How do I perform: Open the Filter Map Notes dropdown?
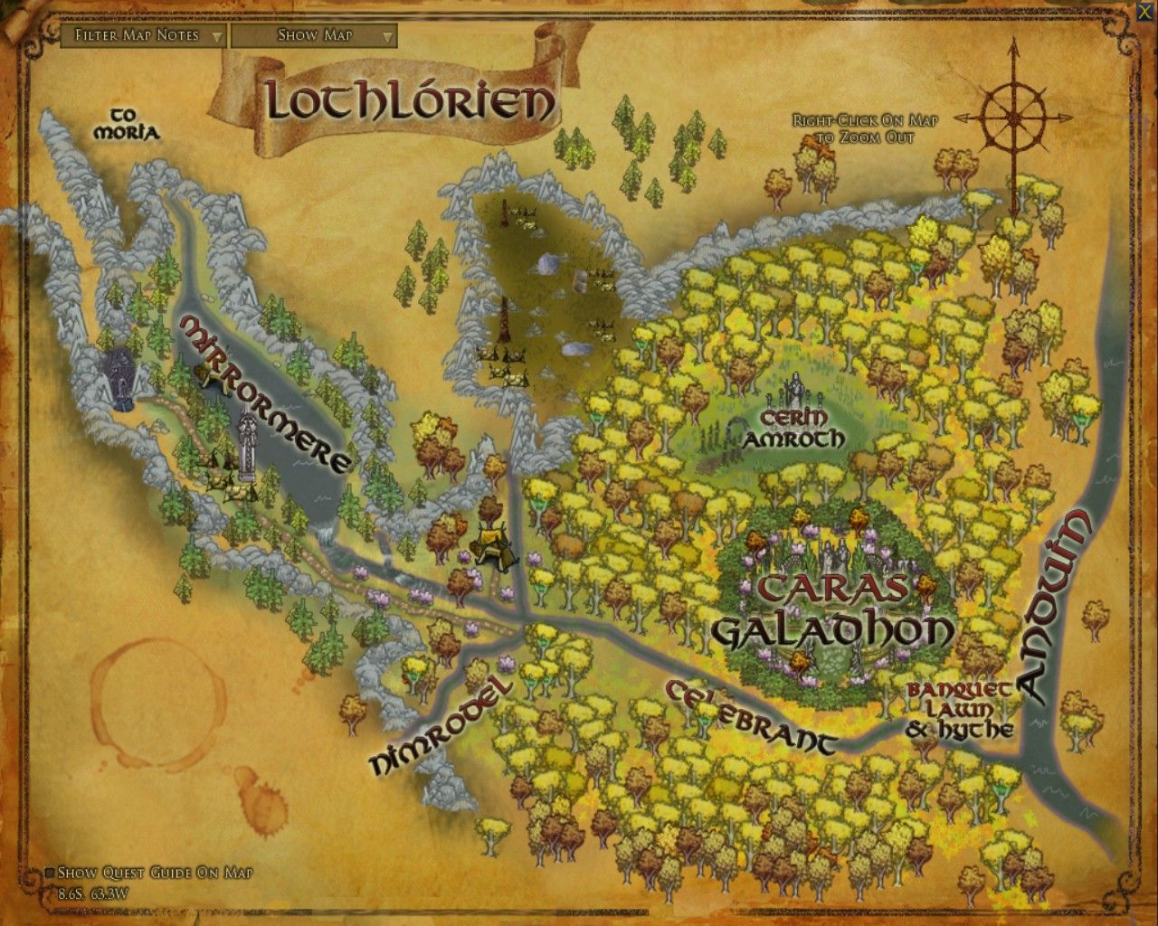(x=142, y=35)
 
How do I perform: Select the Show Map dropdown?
(x=314, y=35)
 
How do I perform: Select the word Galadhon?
(x=832, y=630)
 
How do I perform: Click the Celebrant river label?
(x=751, y=716)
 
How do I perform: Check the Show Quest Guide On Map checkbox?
(x=50, y=873)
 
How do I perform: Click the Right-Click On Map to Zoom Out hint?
(x=851, y=128)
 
